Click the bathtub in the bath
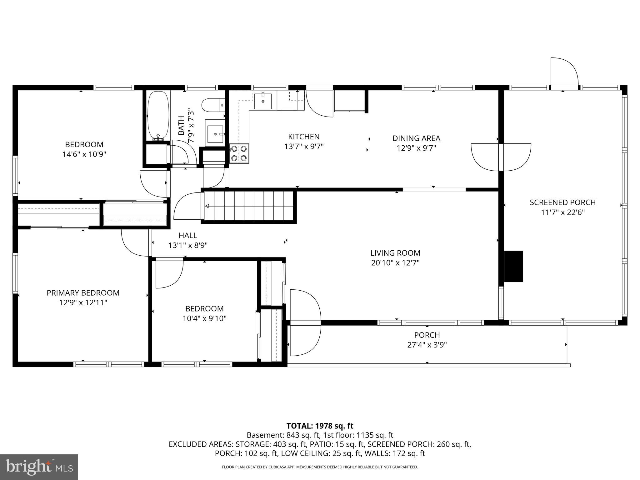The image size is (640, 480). [x=158, y=116]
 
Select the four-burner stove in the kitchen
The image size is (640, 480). [x=239, y=153]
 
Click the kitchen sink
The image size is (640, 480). [x=262, y=101]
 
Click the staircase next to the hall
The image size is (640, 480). [x=249, y=206]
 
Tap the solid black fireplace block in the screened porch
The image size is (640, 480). [x=513, y=266]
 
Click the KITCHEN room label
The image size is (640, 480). [x=304, y=137]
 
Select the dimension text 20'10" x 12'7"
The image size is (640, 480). [x=395, y=263]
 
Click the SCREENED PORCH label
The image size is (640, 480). [x=562, y=202]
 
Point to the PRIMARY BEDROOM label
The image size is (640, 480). [x=83, y=293]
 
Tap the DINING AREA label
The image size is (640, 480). [x=416, y=138]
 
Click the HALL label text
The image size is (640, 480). [x=188, y=235]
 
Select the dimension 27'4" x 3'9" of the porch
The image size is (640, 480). [x=427, y=345]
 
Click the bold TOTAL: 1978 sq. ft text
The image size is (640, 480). [x=320, y=426]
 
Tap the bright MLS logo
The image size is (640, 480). [x=39, y=467]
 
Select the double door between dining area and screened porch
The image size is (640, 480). [x=501, y=157]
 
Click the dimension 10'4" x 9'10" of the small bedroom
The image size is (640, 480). [x=204, y=318]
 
